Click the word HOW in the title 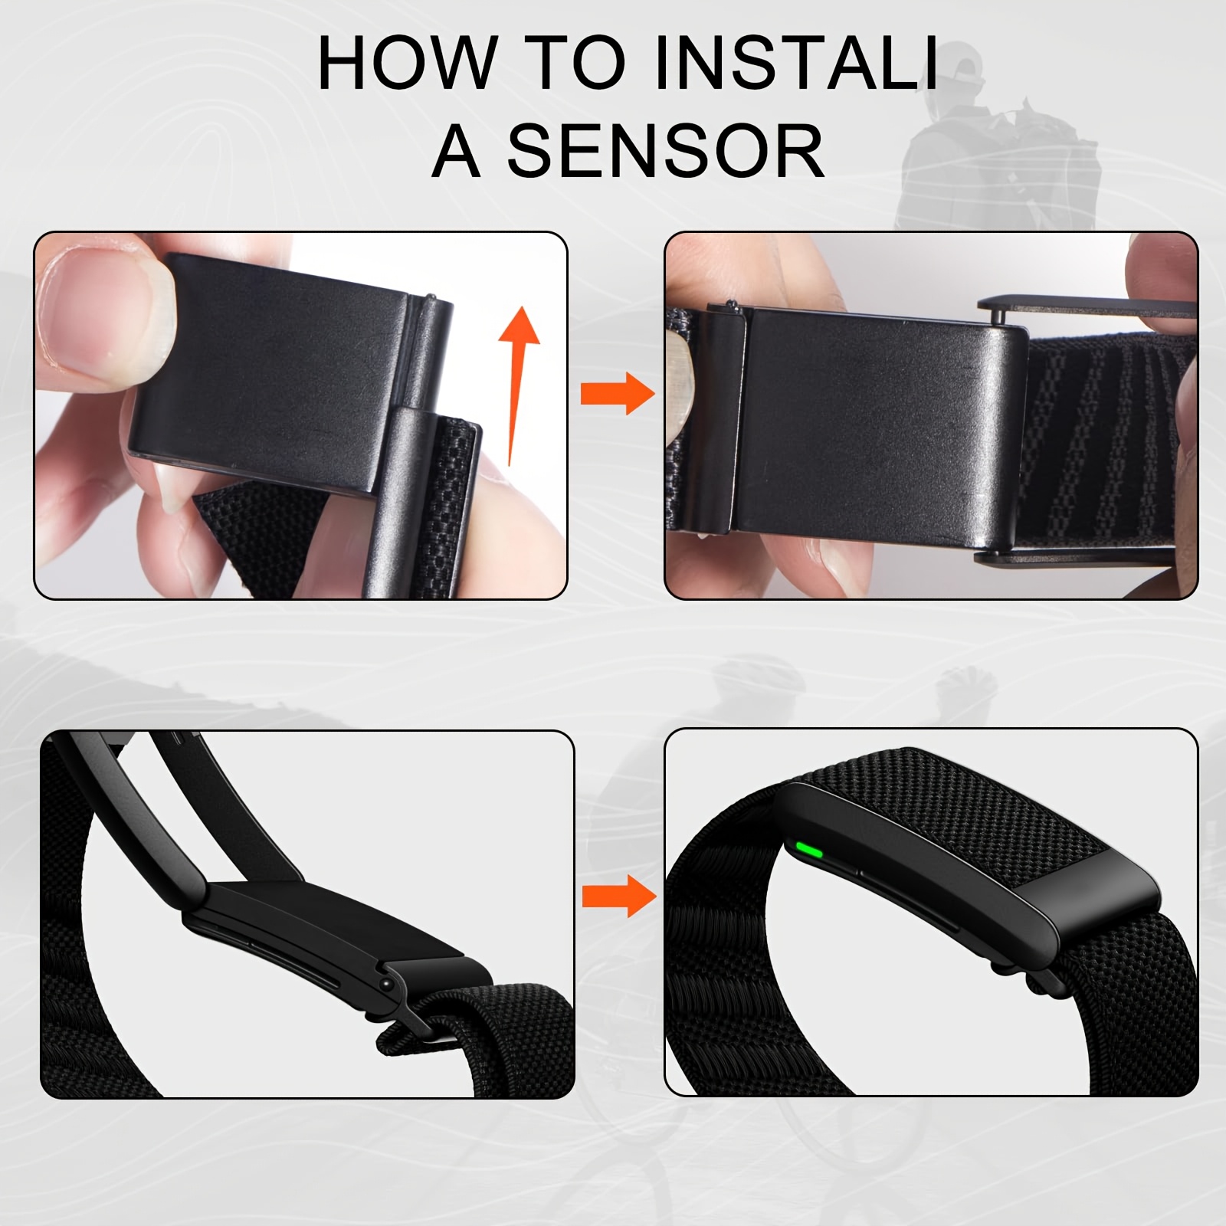[407, 63]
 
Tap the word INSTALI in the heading [797, 63]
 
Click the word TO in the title [578, 63]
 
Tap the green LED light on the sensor [809, 851]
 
